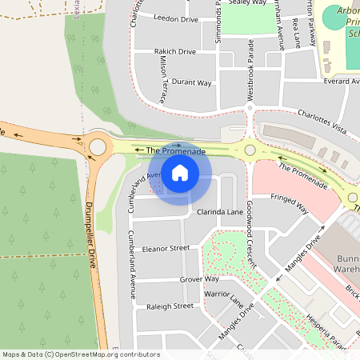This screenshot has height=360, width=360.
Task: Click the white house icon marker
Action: click(x=180, y=172)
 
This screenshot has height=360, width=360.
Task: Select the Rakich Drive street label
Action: click(x=175, y=52)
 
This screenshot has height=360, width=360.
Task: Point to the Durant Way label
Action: click(x=192, y=82)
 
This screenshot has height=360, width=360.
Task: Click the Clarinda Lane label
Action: click(x=219, y=213)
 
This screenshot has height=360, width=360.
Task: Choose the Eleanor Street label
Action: click(x=166, y=249)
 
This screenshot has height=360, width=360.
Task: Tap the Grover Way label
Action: click(x=199, y=279)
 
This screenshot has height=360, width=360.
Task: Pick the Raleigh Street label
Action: click(x=170, y=306)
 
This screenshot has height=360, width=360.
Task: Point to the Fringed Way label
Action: click(x=290, y=202)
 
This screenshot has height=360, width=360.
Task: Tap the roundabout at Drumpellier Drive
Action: click(x=98, y=147)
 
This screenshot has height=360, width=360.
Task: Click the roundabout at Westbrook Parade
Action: click(x=250, y=150)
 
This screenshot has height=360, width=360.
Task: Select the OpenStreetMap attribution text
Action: click(x=81, y=354)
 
